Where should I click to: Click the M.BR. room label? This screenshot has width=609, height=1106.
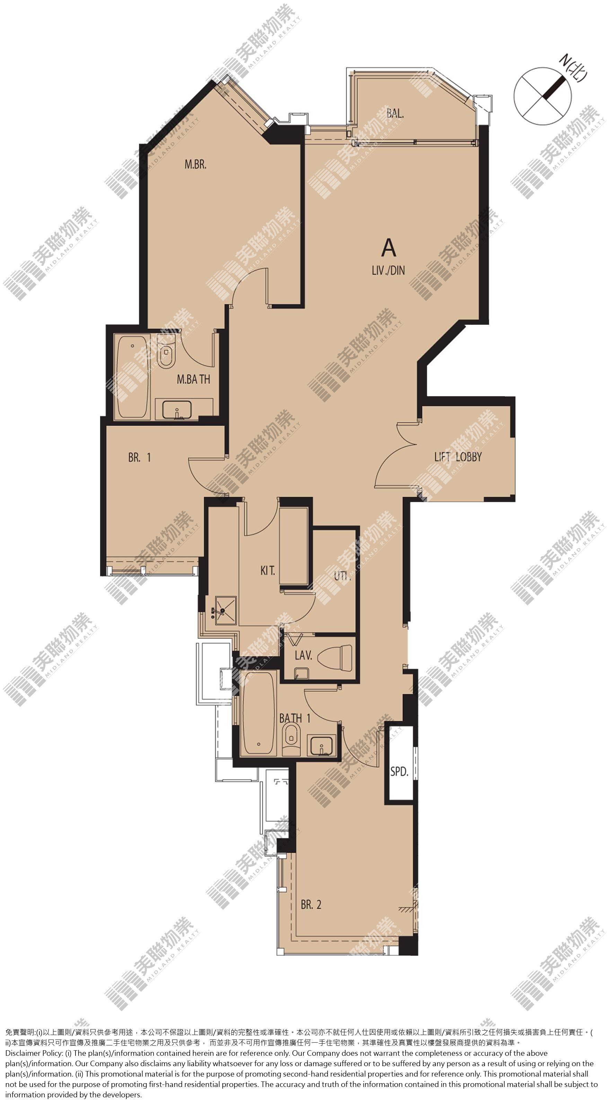coord(195,164)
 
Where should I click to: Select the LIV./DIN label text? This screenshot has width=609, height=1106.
coord(388,270)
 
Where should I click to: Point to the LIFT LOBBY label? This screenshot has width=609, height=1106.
coord(458,457)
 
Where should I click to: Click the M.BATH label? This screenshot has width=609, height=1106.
coord(194,379)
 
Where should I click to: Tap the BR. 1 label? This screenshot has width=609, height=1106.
coord(140,457)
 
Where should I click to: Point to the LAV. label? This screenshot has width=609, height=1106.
coord(303,655)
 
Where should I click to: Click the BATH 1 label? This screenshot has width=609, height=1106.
coord(294,718)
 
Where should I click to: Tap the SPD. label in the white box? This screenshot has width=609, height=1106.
coord(399,771)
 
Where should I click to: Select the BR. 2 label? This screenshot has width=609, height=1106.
coord(311,904)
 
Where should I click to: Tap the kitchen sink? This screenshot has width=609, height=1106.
coord(226,610)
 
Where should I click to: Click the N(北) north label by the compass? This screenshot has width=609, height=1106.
coord(573,68)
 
